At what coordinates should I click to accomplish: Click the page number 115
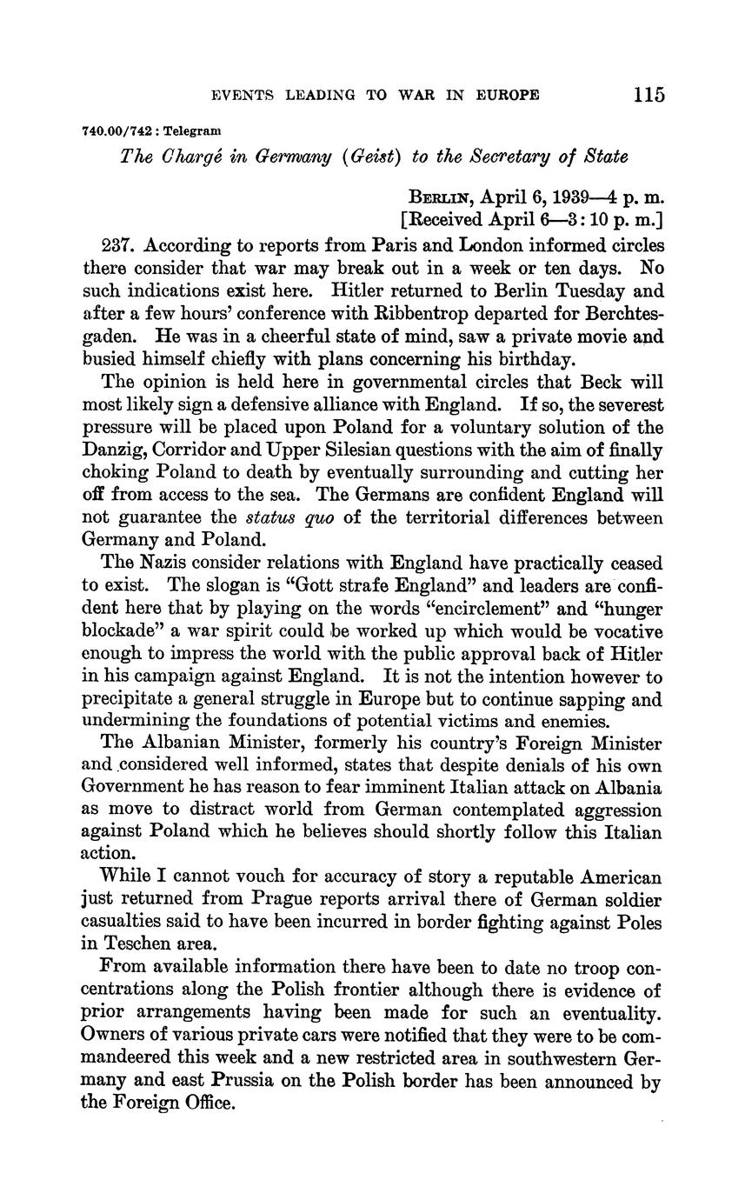tap(649, 94)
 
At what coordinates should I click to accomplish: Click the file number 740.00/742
tap(115, 130)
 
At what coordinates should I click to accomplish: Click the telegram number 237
tap(117, 245)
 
